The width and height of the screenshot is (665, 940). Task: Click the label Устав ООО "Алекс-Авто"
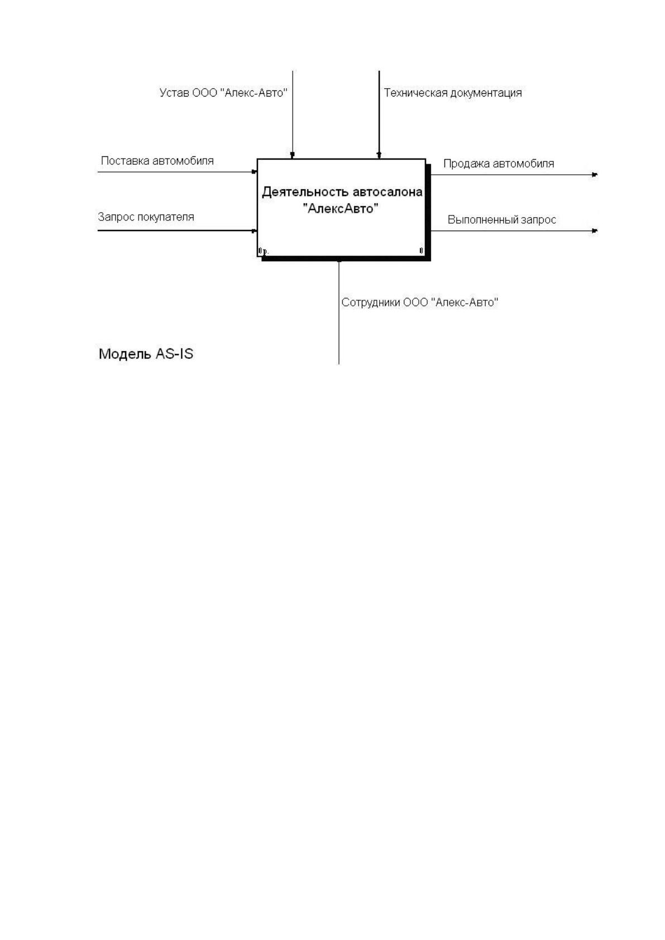pyautogui.click(x=223, y=93)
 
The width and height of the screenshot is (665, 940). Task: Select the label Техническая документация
pyautogui.click(x=453, y=93)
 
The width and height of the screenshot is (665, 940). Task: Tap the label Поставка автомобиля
pyautogui.click(x=157, y=161)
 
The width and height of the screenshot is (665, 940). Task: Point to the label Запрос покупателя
pyautogui.click(x=146, y=217)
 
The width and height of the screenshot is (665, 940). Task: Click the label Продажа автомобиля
pyautogui.click(x=498, y=164)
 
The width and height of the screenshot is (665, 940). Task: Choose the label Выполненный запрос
pyautogui.click(x=502, y=220)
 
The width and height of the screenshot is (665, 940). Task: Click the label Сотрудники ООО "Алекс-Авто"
pyautogui.click(x=419, y=302)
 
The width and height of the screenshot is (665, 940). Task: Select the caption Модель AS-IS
pyautogui.click(x=146, y=354)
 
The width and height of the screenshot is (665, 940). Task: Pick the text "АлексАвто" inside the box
pyautogui.click(x=341, y=208)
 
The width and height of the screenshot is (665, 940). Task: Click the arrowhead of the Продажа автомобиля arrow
pyautogui.click(x=595, y=175)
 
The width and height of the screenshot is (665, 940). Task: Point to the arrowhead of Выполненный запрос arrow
pyautogui.click(x=595, y=231)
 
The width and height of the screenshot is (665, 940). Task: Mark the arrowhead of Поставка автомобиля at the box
pyautogui.click(x=255, y=171)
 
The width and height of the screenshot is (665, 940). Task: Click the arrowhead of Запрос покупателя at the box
pyautogui.click(x=255, y=231)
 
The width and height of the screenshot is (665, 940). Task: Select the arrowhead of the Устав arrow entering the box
pyautogui.click(x=293, y=156)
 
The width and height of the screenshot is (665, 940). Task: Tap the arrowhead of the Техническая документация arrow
pyautogui.click(x=379, y=156)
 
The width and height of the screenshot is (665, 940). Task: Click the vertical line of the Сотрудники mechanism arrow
pyautogui.click(x=339, y=313)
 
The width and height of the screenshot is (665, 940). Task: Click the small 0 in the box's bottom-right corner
pyautogui.click(x=422, y=251)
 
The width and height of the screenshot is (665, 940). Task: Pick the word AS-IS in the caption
pyautogui.click(x=174, y=354)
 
